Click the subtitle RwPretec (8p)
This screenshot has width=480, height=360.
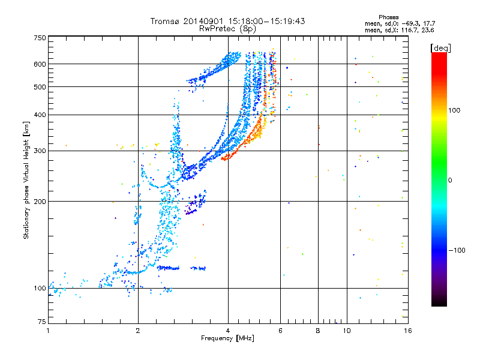tap(227, 29)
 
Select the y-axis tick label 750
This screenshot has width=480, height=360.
tap(40, 38)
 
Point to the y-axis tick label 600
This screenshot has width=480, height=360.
tap(40, 64)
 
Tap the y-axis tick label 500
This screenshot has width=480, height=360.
tap(40, 87)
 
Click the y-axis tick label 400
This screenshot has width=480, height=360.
tap(40, 115)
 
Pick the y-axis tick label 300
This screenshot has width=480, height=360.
tap(40, 151)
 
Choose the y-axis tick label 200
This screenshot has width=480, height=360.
tap(40, 202)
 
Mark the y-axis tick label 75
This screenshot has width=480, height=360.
tap(42, 322)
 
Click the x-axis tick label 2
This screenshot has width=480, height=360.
tap(138, 331)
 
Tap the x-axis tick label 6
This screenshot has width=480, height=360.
tap(280, 331)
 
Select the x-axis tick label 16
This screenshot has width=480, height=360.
tap(408, 331)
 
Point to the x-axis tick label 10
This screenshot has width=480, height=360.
tap(347, 331)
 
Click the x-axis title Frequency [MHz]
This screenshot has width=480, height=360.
tap(227, 338)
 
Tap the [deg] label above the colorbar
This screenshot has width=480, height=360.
tap(440, 48)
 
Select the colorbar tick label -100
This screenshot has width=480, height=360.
tap(457, 250)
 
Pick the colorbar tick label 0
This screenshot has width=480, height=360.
tap(450, 180)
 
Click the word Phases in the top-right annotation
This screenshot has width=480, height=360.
tap(388, 17)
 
